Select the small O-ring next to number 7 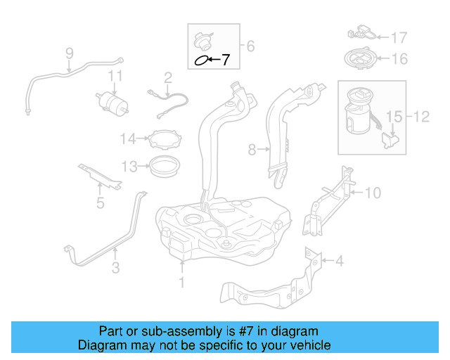(202, 61)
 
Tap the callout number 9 (70, 53)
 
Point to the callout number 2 (168, 77)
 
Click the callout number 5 (100, 204)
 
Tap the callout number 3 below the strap (115, 267)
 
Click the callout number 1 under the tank (181, 283)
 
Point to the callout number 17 (399, 37)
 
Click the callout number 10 (373, 191)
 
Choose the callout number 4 (340, 262)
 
